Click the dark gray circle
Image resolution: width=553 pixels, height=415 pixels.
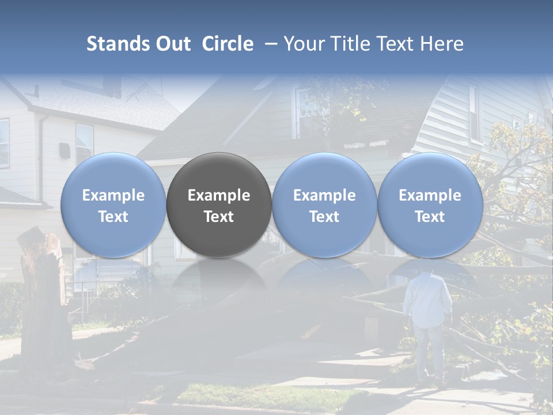(219, 205)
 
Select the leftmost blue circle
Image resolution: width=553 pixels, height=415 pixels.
(113, 205)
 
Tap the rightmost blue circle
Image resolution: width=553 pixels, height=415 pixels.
(430, 205)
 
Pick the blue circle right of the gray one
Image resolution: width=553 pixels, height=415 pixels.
(324, 205)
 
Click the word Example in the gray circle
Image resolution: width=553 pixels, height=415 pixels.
(219, 195)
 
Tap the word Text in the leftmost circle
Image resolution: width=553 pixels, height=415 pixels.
(113, 217)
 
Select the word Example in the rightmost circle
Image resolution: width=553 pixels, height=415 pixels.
(430, 195)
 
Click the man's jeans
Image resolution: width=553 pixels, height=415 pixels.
(427, 352)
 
